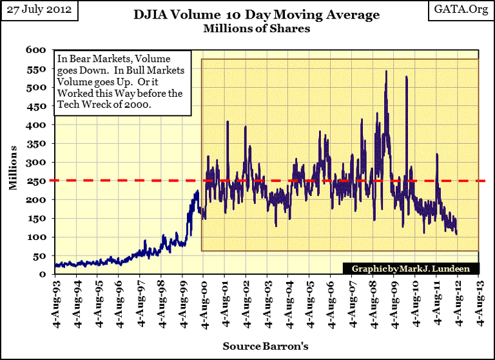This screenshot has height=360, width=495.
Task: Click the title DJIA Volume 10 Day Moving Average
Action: coord(256,15)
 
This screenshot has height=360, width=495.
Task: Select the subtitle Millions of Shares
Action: coord(256,28)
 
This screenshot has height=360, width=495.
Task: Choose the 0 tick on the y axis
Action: coord(41,274)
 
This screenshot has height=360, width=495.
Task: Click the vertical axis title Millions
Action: coord(12,168)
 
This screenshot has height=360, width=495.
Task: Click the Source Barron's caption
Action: coord(265,346)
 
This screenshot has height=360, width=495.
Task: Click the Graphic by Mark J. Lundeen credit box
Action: coord(406,268)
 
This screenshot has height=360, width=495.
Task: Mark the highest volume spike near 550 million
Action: coord(385,72)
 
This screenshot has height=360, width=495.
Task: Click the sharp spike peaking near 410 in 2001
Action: coord(228,122)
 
